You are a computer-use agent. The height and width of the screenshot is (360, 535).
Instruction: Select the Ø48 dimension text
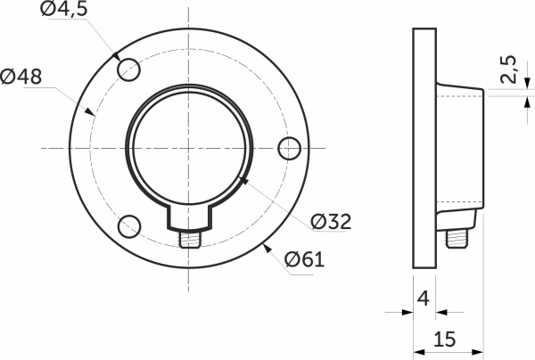coord(21,78)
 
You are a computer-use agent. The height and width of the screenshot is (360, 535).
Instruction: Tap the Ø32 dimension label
coord(331,221)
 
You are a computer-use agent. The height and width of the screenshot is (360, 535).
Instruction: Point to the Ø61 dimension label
coord(304,260)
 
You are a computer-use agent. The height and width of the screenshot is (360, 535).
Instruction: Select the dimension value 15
coord(446,339)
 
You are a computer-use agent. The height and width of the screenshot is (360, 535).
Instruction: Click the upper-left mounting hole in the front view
coord(129,69)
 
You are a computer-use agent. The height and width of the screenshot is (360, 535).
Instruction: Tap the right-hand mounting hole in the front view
coord(288,148)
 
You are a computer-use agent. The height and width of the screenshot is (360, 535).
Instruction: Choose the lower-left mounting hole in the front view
coord(129,225)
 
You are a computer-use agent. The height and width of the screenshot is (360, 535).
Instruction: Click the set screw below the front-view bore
coord(189,240)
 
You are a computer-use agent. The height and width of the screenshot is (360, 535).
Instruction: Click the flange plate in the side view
coord(424,148)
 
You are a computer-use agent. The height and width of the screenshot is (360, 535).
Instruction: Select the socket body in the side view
coord(459,148)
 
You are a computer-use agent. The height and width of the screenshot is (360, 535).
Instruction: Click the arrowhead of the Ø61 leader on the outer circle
coord(265,245)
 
